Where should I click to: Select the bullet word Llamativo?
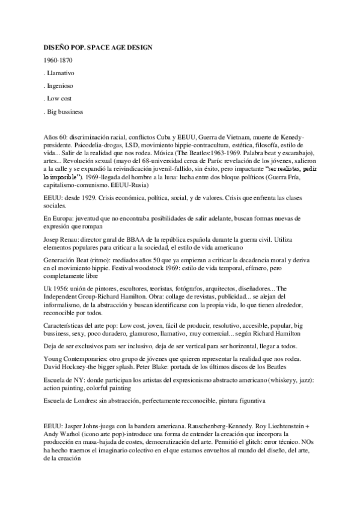coord(60,72)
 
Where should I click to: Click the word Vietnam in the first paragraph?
coord(226,137)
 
